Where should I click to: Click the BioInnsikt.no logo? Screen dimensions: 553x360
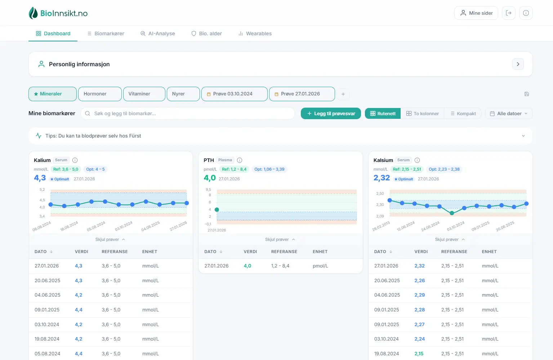tap(58, 13)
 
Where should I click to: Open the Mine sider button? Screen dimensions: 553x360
tap(476, 13)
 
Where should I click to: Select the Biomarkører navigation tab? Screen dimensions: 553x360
tap(106, 33)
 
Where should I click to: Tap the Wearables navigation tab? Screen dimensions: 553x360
tap(255, 33)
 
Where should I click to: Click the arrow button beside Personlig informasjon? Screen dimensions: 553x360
tap(518, 64)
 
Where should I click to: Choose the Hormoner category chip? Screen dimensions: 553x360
tap(100, 94)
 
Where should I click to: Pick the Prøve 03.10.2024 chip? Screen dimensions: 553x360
tap(234, 94)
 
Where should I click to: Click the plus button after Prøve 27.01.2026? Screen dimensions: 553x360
tap(343, 94)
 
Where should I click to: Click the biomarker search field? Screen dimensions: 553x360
tap(188, 113)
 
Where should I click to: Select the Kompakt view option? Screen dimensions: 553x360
tap(463, 113)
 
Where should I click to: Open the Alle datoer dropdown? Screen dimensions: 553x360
tap(509, 113)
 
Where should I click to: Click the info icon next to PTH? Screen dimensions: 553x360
tap(240, 160)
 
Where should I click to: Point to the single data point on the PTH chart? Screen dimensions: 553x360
tap(217, 210)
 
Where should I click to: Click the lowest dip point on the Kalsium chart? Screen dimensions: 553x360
tap(452, 213)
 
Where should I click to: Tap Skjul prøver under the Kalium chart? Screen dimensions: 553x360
tap(110, 239)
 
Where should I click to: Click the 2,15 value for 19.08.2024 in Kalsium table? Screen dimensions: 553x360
tap(419, 354)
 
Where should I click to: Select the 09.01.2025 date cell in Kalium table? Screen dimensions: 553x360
tap(47, 310)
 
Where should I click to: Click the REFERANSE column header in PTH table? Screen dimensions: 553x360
tap(284, 252)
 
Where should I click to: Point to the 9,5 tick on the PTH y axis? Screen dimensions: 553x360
tap(208, 189)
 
